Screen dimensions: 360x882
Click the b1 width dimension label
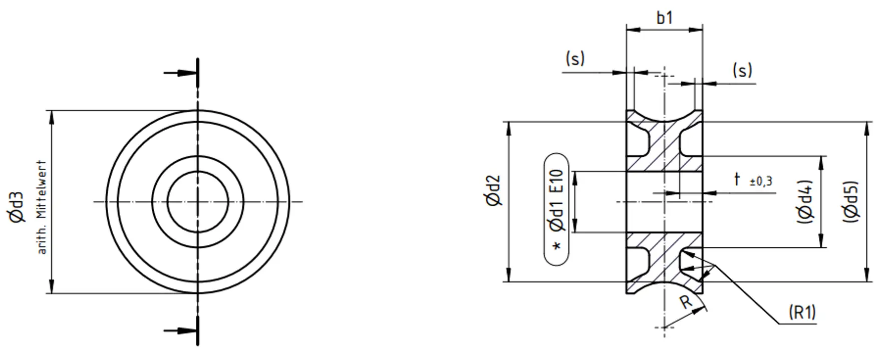pos(664,18)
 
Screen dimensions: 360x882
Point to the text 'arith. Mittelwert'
pos(42,207)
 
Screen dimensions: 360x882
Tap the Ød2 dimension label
pos(493,191)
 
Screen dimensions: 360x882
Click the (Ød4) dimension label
pos(805,202)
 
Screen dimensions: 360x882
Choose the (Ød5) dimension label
pos(851,202)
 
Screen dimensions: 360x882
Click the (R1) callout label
pos(802,312)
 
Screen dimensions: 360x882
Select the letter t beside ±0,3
pos(737,179)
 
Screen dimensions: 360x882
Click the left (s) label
pos(575,59)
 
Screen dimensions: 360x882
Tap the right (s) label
pos(742,71)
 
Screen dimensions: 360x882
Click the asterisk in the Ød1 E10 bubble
pos(556,246)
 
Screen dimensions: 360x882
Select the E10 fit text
pos(556,181)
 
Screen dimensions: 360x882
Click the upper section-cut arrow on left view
pos(180,73)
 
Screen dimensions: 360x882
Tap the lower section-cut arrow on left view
pos(180,330)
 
